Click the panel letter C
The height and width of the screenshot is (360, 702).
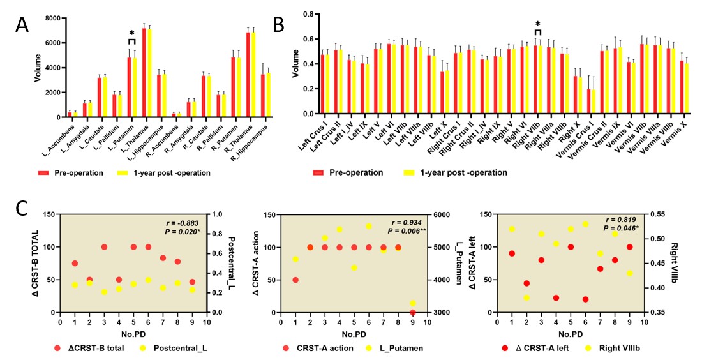coord(22,209)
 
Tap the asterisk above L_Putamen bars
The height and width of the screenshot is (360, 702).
coord(131,33)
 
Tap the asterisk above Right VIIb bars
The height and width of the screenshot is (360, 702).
coord(537,24)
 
